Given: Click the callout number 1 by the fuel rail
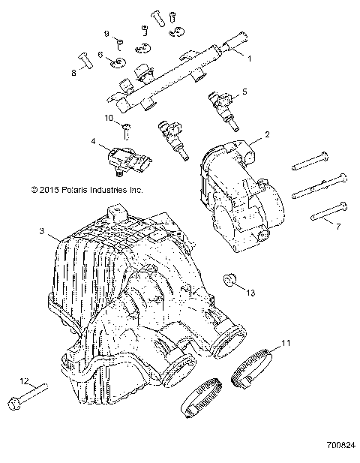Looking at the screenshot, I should click(x=250, y=57).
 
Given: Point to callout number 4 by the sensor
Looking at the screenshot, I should click(x=94, y=140).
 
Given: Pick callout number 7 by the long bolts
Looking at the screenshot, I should click(x=337, y=225).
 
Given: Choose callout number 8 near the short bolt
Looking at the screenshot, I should click(x=73, y=73).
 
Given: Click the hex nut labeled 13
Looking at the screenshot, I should click(x=232, y=281).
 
